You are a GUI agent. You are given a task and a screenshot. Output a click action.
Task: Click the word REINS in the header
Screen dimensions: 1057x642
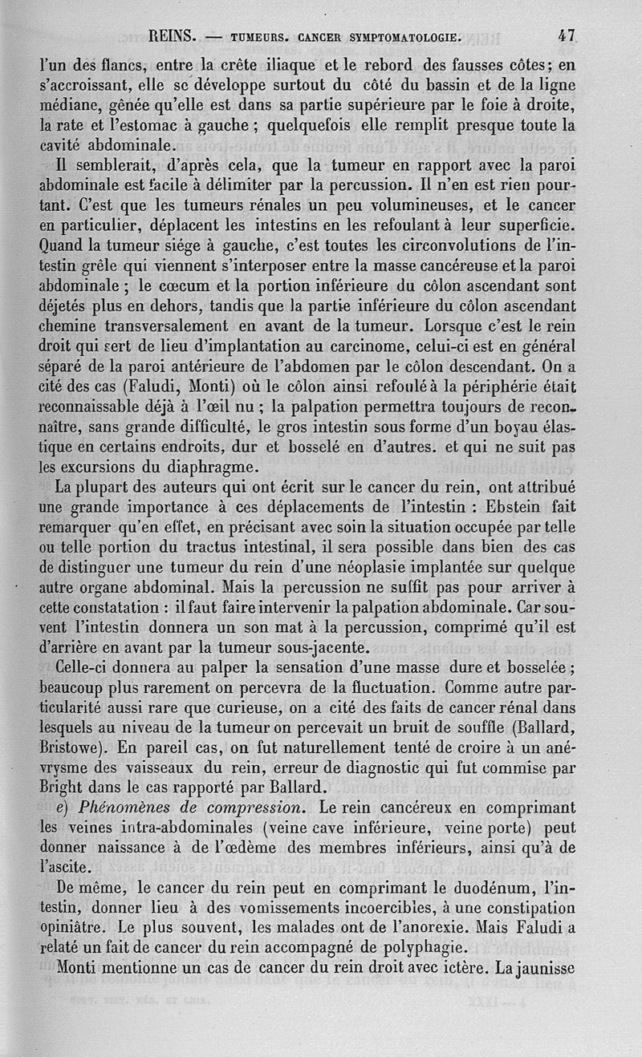(x=173, y=36)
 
